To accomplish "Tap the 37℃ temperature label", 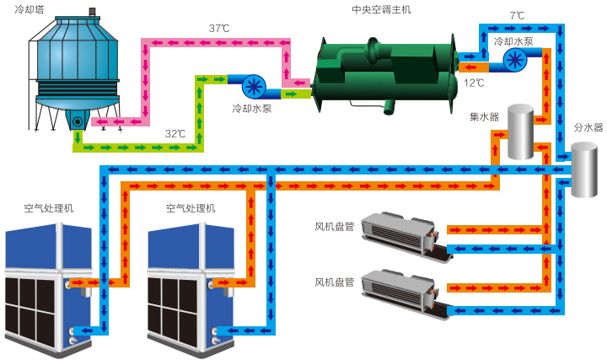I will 219,29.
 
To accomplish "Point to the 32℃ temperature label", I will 175,134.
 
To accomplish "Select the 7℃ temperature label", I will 517,16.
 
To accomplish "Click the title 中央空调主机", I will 381,10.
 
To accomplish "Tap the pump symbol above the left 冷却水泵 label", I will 254,86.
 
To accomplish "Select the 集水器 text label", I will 484,116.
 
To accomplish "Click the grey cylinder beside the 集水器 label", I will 520,132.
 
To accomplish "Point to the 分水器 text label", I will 588,128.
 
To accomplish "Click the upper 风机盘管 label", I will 336,226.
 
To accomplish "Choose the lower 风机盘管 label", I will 336,282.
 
